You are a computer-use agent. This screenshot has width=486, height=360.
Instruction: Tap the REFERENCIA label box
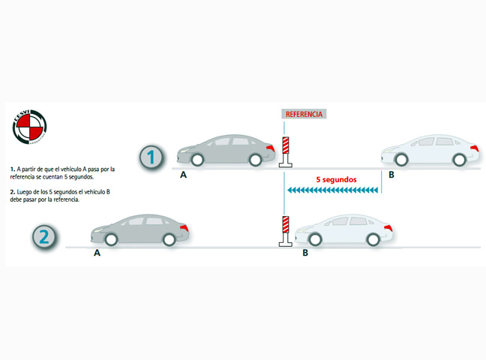tap(303, 114)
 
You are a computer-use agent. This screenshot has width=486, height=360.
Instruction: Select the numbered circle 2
tap(43, 237)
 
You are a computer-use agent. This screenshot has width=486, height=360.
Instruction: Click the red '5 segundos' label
tap(335, 180)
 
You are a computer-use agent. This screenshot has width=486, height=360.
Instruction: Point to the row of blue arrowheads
tap(334, 192)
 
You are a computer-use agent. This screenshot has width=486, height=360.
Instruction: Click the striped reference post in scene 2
tap(285, 230)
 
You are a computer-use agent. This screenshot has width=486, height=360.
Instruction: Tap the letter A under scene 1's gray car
tap(183, 175)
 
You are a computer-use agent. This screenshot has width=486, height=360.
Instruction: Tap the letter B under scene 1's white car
tap(391, 175)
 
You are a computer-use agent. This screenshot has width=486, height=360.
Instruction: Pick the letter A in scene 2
tap(97, 253)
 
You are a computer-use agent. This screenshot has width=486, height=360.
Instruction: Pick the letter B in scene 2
tap(304, 253)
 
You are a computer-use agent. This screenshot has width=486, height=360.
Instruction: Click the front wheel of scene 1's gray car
tap(196, 159)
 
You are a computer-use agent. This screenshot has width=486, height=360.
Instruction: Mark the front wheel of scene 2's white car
tap(315, 238)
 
